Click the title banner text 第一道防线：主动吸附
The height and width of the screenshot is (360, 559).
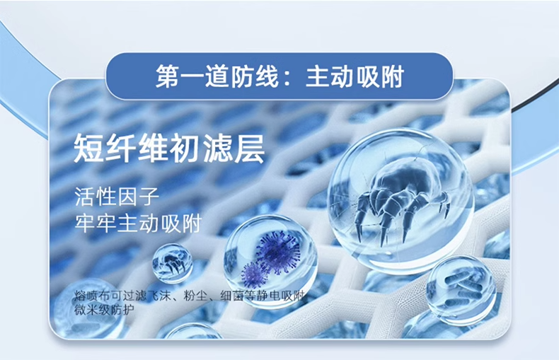click(280, 76)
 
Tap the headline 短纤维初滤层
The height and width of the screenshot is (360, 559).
click(169, 149)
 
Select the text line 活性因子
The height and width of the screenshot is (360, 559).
click(117, 197)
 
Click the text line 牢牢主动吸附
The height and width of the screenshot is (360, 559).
click(138, 223)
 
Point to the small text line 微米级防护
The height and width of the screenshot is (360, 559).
click(104, 310)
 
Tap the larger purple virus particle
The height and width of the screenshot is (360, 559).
click(277, 251)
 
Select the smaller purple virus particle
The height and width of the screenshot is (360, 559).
click(254, 275)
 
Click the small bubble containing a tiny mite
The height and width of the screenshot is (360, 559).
click(173, 264)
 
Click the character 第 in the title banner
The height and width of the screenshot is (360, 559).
click(168, 76)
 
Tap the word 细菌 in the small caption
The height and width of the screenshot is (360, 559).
click(232, 296)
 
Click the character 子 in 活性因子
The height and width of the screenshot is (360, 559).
click(149, 197)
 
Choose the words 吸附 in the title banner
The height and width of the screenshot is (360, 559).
click(380, 76)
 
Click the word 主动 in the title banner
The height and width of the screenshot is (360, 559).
click(330, 76)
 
